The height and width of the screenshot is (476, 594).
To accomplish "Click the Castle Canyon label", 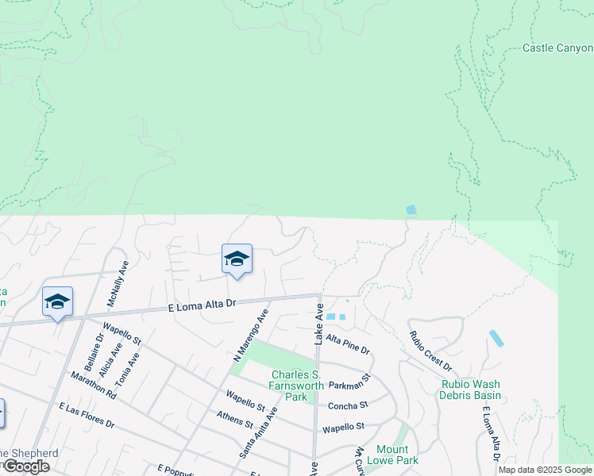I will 557,48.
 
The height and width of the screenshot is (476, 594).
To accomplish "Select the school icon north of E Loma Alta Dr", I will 237,259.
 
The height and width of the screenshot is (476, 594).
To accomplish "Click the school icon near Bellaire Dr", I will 57,301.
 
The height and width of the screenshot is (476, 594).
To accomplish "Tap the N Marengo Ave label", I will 250,336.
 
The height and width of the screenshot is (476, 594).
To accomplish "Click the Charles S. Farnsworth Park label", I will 295,386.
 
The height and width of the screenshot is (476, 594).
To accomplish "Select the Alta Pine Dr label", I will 348,344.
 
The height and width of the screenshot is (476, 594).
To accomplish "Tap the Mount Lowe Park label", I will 397,455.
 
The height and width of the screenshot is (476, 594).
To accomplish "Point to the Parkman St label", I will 350,381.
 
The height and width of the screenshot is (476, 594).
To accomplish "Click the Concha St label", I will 348,405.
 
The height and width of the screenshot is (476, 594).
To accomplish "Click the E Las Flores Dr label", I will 87,414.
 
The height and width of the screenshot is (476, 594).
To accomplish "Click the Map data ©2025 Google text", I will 545,470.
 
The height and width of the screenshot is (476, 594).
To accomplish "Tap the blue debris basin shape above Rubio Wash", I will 496,338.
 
